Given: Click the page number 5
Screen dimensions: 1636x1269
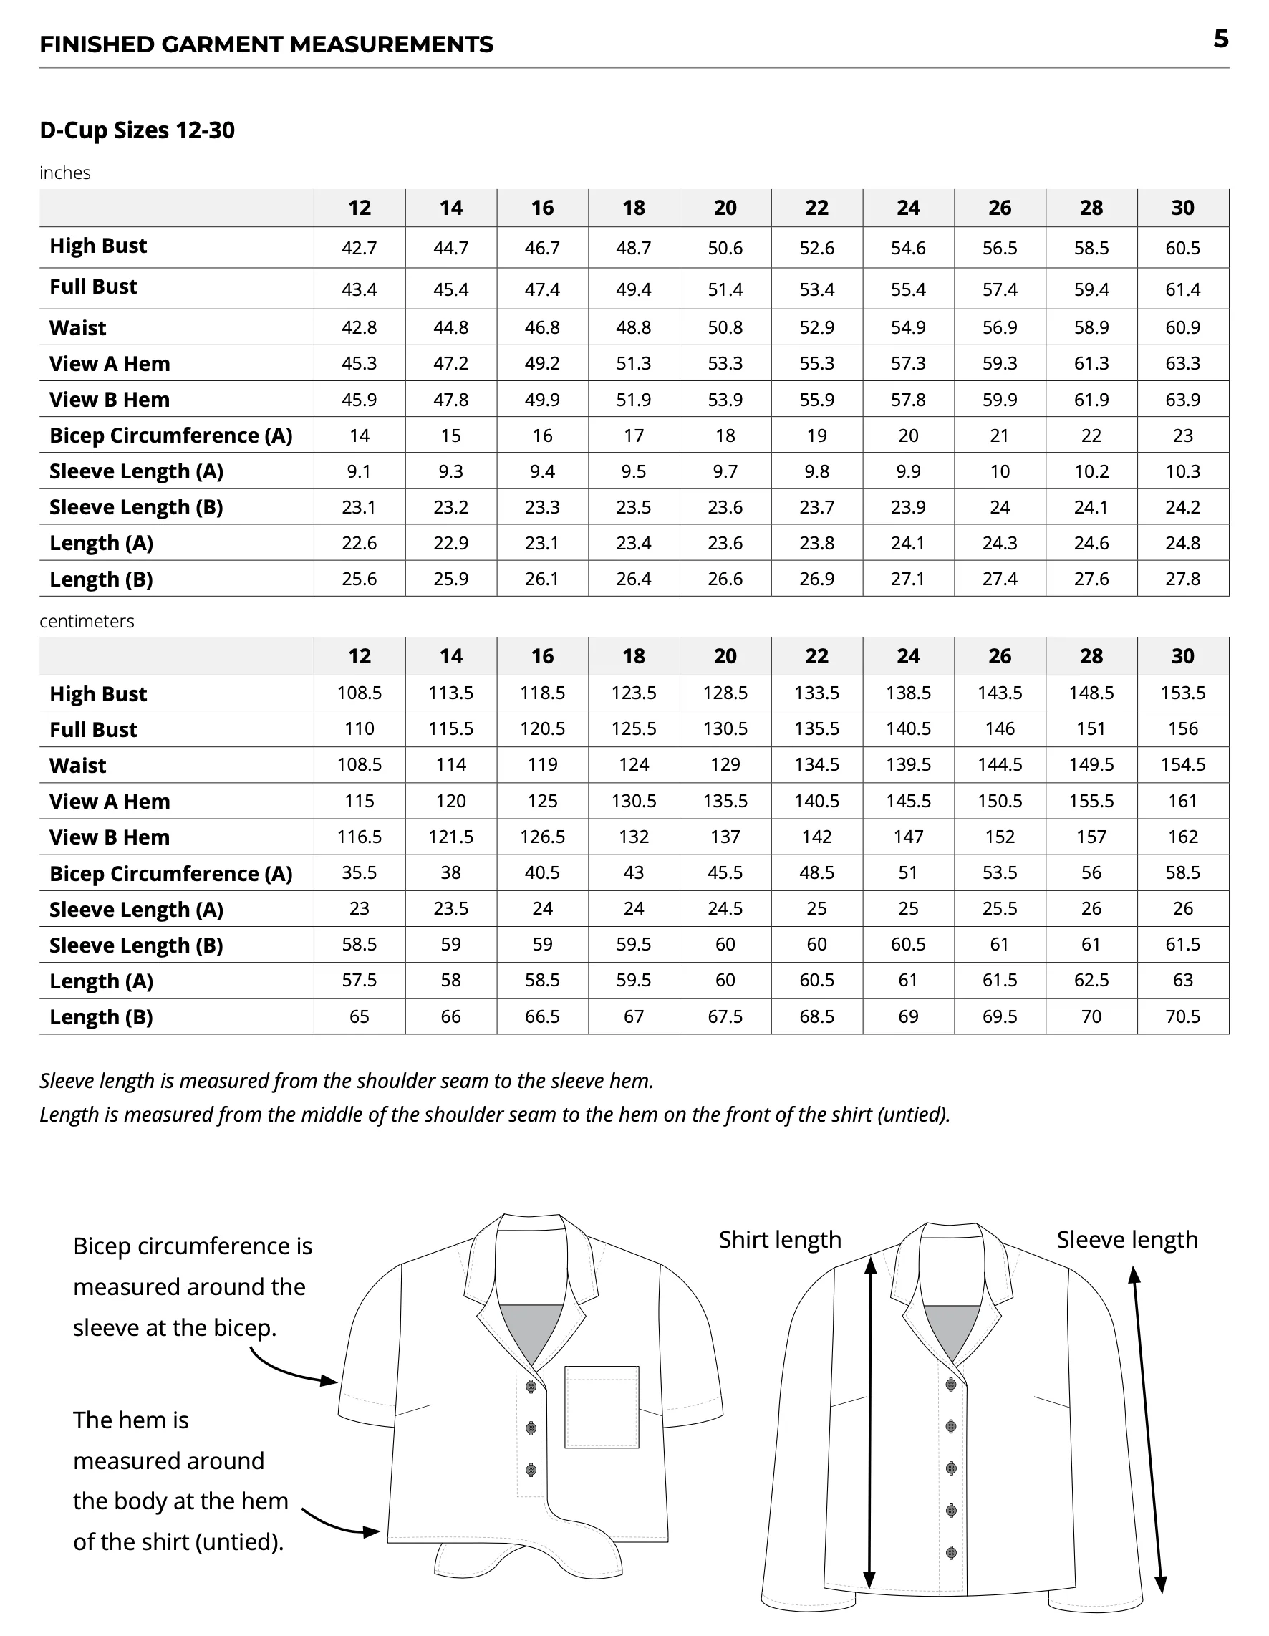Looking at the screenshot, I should [1220, 39].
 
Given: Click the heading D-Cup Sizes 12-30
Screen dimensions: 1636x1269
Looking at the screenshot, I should [137, 130].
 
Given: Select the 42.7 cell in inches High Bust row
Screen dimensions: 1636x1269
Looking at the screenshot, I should [359, 248].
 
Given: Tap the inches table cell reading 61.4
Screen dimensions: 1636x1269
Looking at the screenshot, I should [1182, 289].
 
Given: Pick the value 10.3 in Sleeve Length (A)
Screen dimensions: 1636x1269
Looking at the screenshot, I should [1182, 471].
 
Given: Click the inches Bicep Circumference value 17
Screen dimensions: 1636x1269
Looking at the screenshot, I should [633, 436].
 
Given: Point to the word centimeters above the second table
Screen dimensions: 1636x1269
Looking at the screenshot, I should [87, 621].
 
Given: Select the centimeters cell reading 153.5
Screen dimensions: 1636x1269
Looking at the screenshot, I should [1182, 693].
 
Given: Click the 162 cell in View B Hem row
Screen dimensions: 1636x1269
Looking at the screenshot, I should [1182, 837].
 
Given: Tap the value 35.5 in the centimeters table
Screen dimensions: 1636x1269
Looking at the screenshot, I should [359, 872].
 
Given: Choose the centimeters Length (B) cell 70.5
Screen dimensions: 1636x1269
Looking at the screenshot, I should [1182, 1016].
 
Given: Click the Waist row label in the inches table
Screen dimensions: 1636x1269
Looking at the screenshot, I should [78, 328].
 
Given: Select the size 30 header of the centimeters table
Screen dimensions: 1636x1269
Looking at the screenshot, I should [1182, 656].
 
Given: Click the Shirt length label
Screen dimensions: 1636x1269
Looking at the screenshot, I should [780, 1241].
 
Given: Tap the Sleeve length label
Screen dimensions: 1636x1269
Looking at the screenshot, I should [1126, 1241].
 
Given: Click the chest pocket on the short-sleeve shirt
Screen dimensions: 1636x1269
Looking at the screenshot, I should [602, 1407].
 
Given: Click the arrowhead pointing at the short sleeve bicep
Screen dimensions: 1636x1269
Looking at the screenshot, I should [329, 1380].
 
